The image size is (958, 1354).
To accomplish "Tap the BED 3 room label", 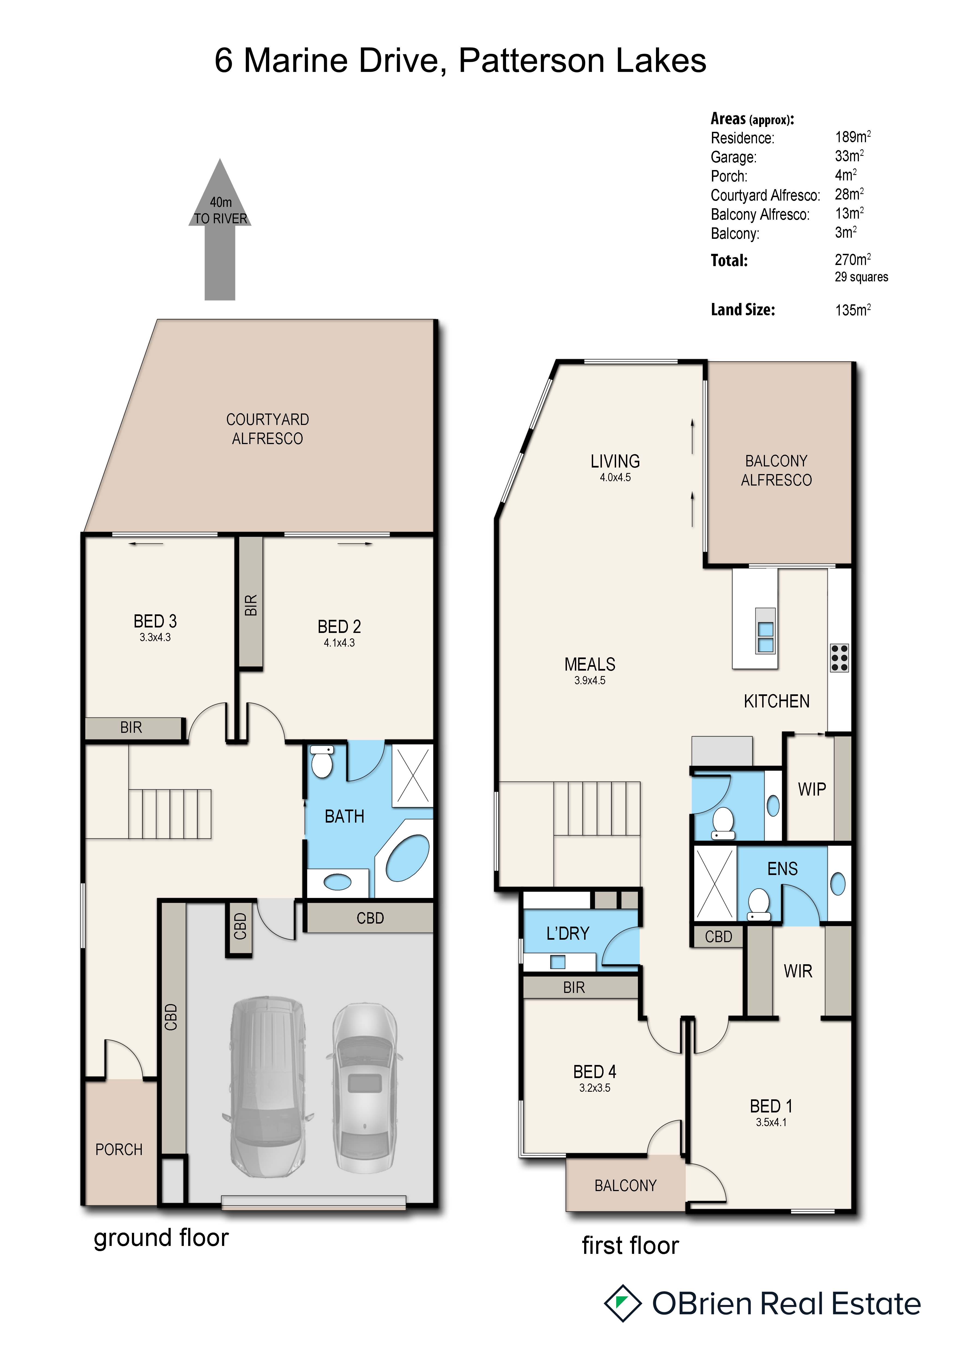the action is pyautogui.click(x=155, y=621).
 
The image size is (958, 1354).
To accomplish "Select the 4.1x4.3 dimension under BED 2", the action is pyautogui.click(x=339, y=643).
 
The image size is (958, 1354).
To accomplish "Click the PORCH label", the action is pyautogui.click(x=119, y=1149).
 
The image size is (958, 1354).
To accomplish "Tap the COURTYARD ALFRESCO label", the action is pyautogui.click(x=267, y=429).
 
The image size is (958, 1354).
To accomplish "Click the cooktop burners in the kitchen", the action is pyautogui.click(x=839, y=657).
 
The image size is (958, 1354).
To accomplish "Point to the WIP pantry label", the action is pyautogui.click(x=812, y=789).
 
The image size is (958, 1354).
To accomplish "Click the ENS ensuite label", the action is pyautogui.click(x=782, y=869).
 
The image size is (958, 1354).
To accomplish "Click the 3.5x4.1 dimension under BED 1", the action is pyautogui.click(x=771, y=1122).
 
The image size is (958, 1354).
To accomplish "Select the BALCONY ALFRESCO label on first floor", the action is pyautogui.click(x=776, y=471).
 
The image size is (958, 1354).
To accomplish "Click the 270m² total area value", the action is pyautogui.click(x=852, y=260).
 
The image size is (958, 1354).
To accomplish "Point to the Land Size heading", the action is pyautogui.click(x=743, y=310).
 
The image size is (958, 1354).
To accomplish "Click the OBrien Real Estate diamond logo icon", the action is pyautogui.click(x=622, y=1303).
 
